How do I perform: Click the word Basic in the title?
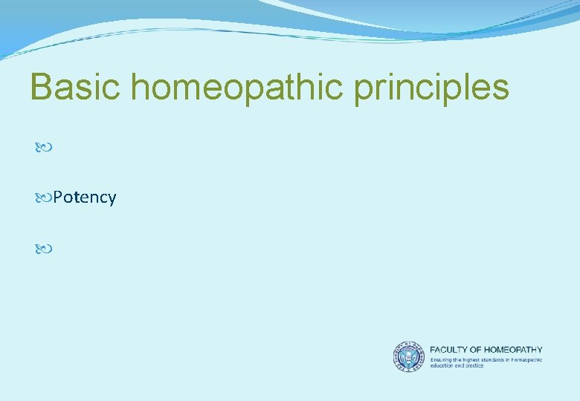76,87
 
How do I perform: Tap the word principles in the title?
431,88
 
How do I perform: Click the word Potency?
85,198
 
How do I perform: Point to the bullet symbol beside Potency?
43,198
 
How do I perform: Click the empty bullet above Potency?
43,149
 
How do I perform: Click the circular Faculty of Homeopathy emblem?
408,356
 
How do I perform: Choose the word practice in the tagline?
473,365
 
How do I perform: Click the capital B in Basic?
40,87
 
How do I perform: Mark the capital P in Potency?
58,198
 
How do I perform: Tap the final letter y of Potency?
112,199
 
